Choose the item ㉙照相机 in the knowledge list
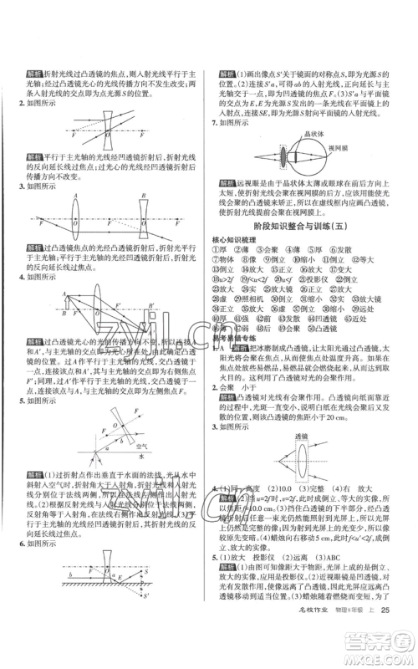pos(254,299)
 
